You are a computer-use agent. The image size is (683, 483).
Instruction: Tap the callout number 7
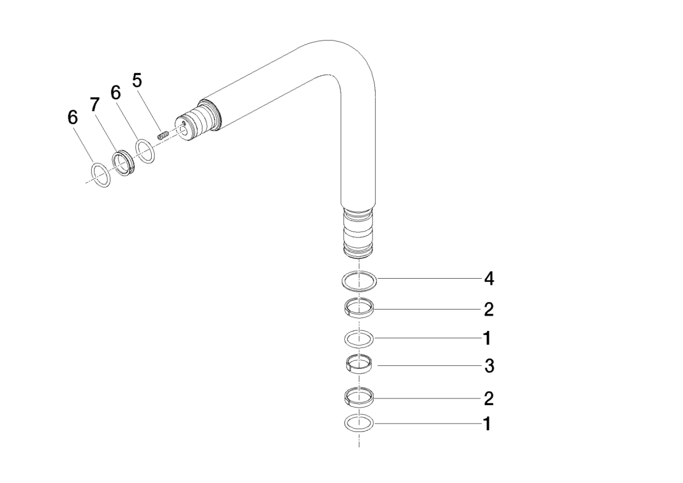pyautogui.click(x=95, y=105)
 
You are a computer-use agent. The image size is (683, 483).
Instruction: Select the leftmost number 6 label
pyautogui.click(x=72, y=117)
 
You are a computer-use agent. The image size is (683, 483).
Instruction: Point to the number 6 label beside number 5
pyautogui.click(x=116, y=92)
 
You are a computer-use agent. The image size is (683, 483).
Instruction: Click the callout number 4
pyautogui.click(x=489, y=279)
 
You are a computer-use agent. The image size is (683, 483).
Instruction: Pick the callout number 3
pyautogui.click(x=489, y=366)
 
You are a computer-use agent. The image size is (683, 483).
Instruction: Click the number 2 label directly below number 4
pyautogui.click(x=489, y=310)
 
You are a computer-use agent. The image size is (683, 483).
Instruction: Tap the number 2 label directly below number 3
pyautogui.click(x=489, y=398)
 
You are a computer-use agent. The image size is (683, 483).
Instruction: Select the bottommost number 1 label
pyautogui.click(x=487, y=424)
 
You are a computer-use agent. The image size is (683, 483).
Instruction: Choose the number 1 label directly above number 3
pyautogui.click(x=487, y=338)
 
